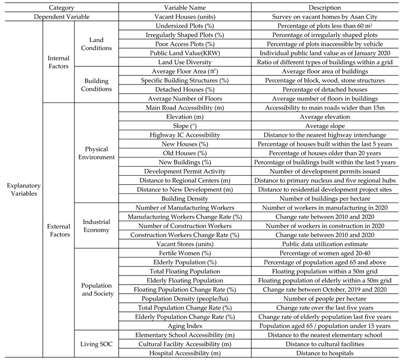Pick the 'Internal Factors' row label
59,60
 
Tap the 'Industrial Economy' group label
96,226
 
